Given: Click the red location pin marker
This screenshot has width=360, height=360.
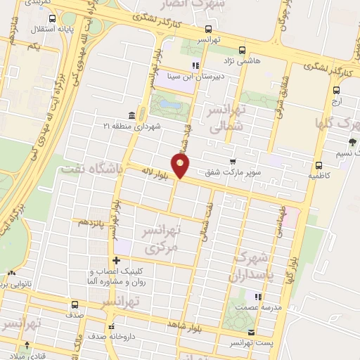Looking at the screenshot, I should click(181, 166).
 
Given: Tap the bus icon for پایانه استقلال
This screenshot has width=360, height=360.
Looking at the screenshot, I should click(34, 31).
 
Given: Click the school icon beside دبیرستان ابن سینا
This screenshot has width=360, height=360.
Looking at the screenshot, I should click(195, 66).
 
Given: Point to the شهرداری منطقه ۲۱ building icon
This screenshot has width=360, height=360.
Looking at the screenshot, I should click(131, 115).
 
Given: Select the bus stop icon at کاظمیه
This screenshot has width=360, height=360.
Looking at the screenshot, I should click(320, 162).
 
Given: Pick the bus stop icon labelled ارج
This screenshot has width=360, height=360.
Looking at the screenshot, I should click(336, 90).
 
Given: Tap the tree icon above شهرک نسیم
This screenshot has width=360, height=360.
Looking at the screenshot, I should click(352, 142).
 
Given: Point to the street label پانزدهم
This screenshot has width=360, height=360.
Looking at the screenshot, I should click(93, 221).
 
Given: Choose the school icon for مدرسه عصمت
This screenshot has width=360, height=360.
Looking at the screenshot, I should click(257, 297).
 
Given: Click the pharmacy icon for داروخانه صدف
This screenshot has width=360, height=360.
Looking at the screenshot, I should click(111, 327).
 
